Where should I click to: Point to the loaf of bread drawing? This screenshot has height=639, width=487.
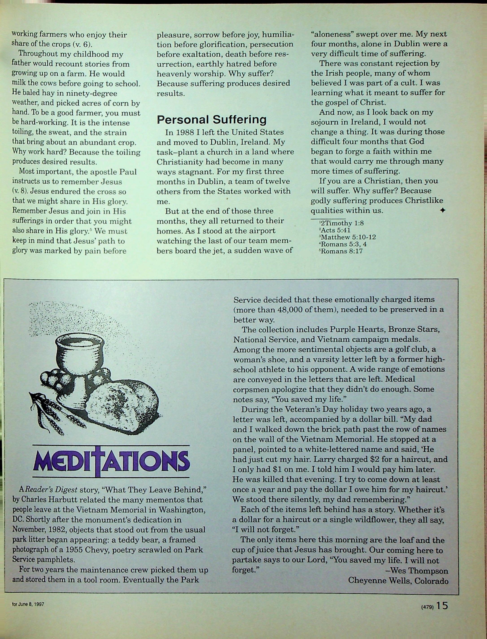click(x=122, y=403)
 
